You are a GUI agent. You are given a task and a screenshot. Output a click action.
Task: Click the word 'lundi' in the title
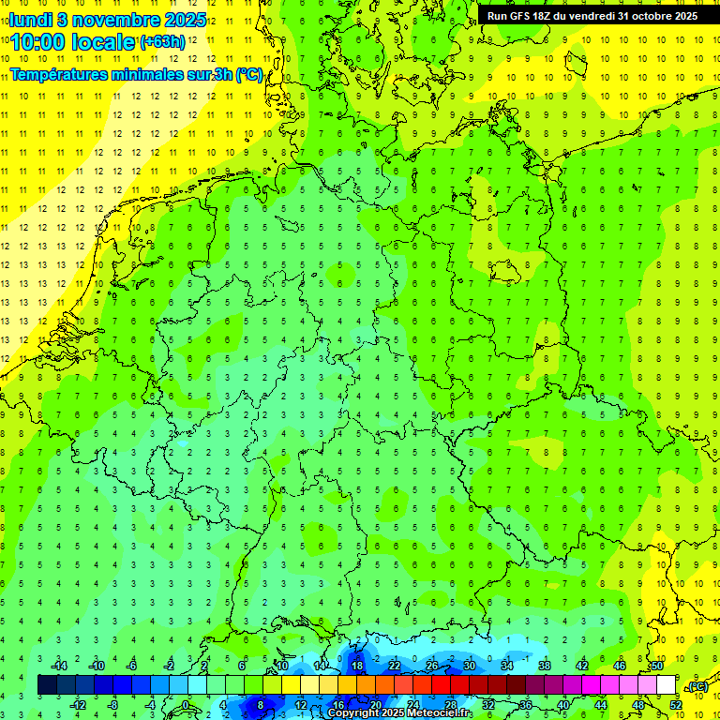click(x=31, y=19)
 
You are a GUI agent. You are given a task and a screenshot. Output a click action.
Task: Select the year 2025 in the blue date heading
click(x=186, y=19)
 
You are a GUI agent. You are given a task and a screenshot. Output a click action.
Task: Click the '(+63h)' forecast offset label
click(x=162, y=42)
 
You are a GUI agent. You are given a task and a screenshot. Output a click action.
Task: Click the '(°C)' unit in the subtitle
click(x=248, y=74)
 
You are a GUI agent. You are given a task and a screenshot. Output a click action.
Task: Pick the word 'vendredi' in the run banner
click(x=588, y=16)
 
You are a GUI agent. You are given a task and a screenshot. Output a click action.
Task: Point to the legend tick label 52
click(x=676, y=705)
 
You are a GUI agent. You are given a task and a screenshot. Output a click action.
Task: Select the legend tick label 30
click(x=470, y=666)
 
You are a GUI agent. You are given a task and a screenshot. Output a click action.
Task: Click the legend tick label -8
click(x=113, y=705)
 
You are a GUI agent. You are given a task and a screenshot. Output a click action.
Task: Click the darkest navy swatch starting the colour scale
click(x=47, y=685)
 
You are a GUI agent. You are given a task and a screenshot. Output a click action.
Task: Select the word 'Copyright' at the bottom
click(x=354, y=713)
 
